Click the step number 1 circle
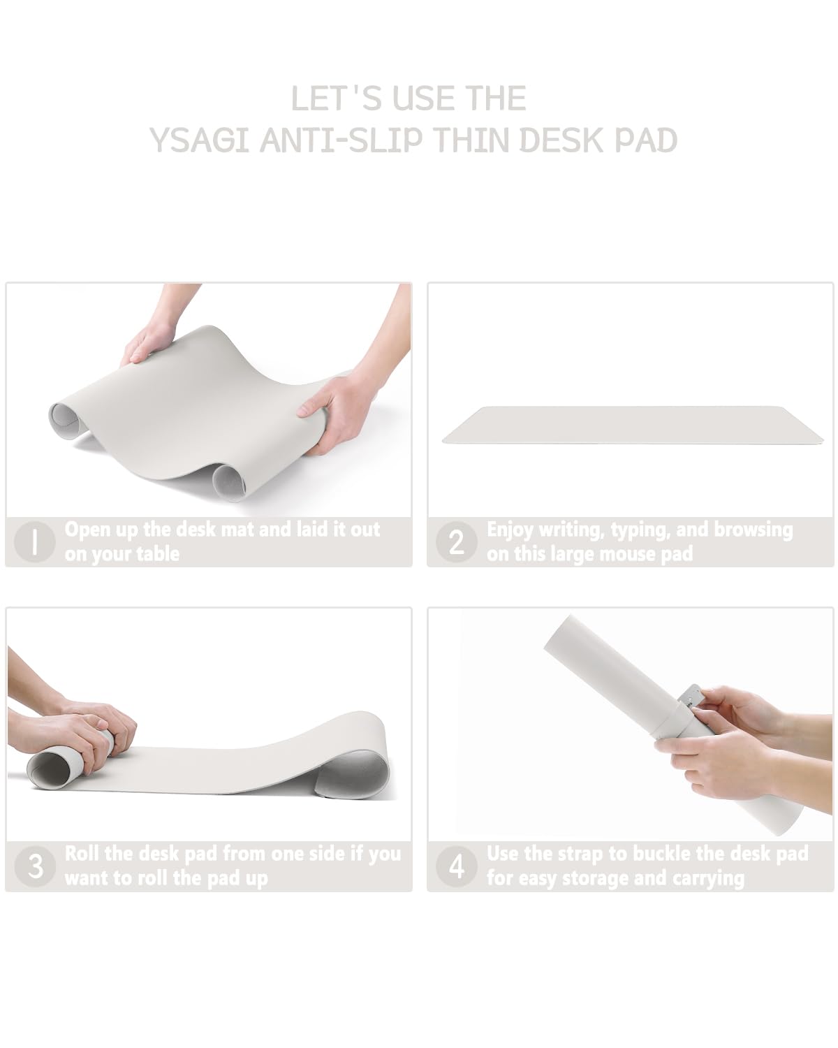[x=34, y=541]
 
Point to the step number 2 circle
[x=456, y=541]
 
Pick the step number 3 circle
[x=35, y=866]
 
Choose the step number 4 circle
[x=456, y=866]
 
